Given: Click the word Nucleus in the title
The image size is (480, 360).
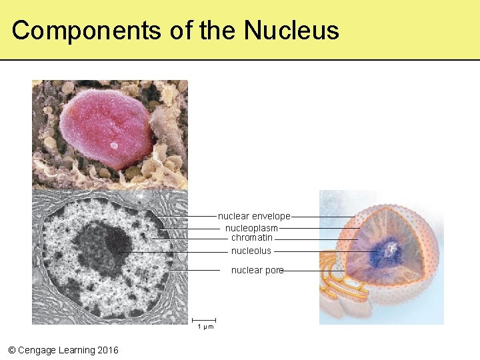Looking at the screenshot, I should coord(291,31).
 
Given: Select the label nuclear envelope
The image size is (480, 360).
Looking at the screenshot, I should coord(254,216).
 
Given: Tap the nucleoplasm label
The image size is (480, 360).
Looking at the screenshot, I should coord(251,228).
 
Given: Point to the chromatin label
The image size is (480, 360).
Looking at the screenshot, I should coord(251,237).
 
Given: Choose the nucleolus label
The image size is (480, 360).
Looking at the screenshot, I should coord(251,251).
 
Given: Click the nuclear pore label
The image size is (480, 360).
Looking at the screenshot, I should coord(257,270).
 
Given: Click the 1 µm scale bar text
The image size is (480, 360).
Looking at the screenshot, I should coord(205,327).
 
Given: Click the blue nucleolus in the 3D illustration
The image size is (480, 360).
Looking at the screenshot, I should coord(385,253).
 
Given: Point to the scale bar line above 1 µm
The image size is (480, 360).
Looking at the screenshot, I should coord(205,320).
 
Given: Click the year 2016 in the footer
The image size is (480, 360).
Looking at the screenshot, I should coord(107,350).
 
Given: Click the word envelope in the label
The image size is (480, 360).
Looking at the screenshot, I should coord(271,216).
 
